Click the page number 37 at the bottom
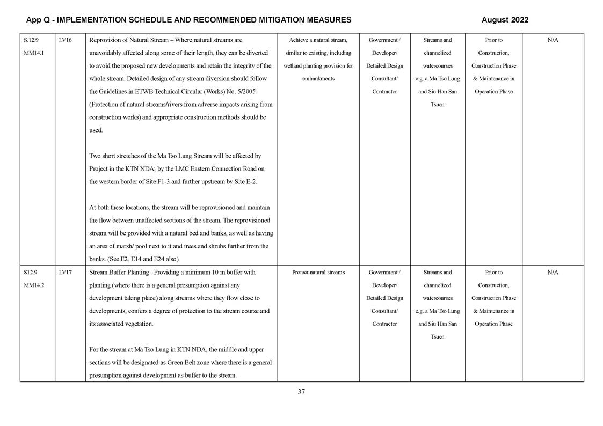[x=301, y=392]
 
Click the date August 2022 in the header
[x=504, y=20]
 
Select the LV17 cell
[x=65, y=273]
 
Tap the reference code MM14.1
[x=34, y=53]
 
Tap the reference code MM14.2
[x=34, y=285]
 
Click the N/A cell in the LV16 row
[x=553, y=40]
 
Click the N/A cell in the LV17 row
[x=553, y=273]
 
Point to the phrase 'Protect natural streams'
[x=318, y=273]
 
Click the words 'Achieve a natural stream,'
[x=318, y=40]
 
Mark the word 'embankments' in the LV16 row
[x=318, y=79]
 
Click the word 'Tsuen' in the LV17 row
[x=437, y=337]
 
